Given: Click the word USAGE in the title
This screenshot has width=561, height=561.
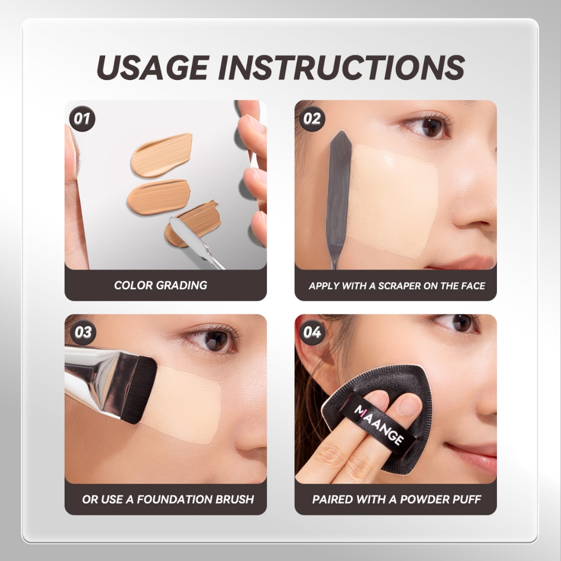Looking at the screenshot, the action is click(x=152, y=67).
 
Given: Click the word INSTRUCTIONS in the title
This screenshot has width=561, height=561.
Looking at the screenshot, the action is click(x=341, y=67).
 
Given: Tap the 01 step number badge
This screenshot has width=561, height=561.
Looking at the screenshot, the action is click(x=82, y=119).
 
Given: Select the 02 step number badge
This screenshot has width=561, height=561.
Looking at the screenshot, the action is click(x=312, y=119).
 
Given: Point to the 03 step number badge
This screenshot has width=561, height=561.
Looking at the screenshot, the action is click(x=82, y=333).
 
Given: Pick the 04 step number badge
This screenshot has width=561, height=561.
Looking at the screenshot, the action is click(x=312, y=333).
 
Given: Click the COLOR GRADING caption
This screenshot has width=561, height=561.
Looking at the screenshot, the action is click(x=161, y=285).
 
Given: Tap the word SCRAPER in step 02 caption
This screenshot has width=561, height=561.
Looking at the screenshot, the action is click(x=399, y=286).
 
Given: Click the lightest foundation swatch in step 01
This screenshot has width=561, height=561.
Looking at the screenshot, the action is click(x=162, y=155).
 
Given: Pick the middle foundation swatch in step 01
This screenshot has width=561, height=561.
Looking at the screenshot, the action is click(x=158, y=197).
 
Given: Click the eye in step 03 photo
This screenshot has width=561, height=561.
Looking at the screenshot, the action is click(x=214, y=340).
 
